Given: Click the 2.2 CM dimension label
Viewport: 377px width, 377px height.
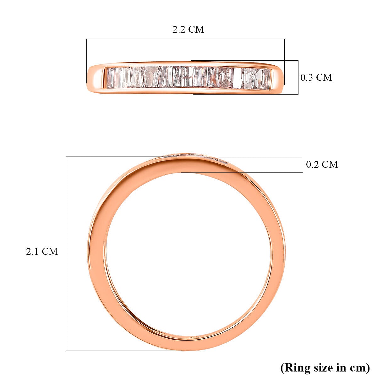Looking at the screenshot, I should point(188,29).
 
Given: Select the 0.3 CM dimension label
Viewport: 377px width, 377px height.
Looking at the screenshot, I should point(316,77).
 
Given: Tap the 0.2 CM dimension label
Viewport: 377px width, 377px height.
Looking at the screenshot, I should point(322,164).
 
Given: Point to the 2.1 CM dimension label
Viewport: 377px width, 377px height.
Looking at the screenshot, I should point(42,251).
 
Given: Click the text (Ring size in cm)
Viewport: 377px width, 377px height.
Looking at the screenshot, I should point(325,367).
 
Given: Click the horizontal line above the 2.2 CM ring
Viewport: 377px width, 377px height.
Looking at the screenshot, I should point(185,39).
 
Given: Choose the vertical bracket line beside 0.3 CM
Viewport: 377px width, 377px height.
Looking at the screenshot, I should point(298,77).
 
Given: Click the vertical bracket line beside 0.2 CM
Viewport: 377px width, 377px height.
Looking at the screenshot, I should point(303,164).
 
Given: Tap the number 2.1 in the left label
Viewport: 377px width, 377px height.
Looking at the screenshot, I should point(33,251).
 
